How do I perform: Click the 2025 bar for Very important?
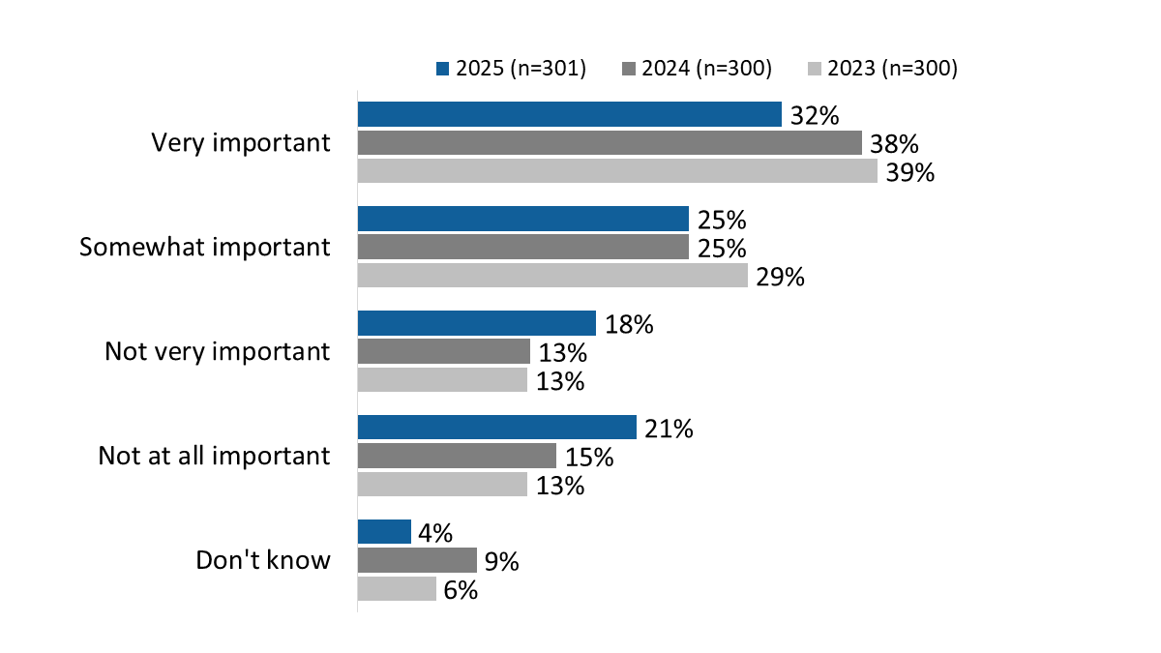click(569, 114)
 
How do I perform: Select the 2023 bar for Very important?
click(617, 171)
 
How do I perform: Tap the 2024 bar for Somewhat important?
click(522, 248)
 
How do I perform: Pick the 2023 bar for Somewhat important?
click(552, 276)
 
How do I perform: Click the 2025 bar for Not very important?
click(476, 323)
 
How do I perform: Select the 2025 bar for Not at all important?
click(496, 428)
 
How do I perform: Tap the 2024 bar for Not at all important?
click(457, 456)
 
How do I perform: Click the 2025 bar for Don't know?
click(384, 532)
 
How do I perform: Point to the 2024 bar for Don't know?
click(417, 560)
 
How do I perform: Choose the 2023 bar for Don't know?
click(397, 588)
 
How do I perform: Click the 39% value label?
click(908, 173)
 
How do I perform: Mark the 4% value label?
click(434, 533)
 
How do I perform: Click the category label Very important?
click(241, 143)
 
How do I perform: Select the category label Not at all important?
click(214, 456)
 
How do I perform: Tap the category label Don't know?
click(263, 560)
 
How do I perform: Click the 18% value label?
click(629, 324)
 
